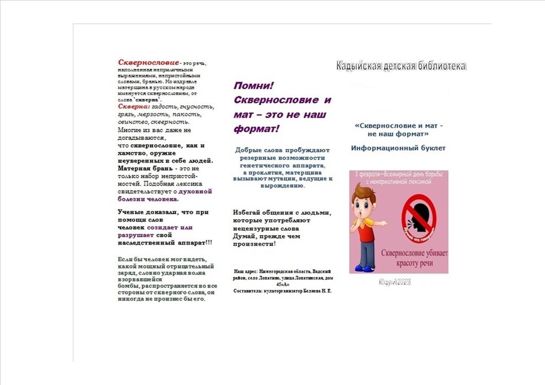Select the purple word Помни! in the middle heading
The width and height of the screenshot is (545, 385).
point(253,86)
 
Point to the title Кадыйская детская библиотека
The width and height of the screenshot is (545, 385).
point(401,66)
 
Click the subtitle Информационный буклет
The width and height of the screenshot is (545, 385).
point(398,148)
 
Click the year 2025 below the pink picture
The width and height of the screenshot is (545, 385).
point(402,282)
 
